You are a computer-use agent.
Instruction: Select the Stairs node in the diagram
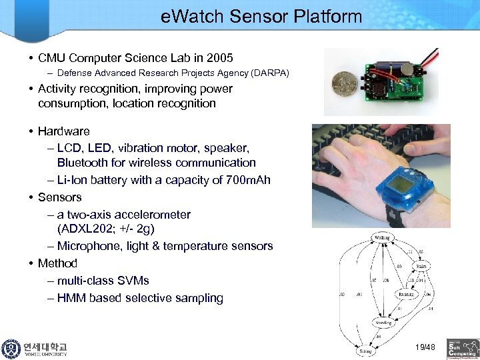421,266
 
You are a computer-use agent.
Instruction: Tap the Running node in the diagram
405,293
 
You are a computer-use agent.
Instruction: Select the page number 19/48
424,347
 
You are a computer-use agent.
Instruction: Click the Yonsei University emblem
11,349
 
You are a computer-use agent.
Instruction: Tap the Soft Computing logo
463,347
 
